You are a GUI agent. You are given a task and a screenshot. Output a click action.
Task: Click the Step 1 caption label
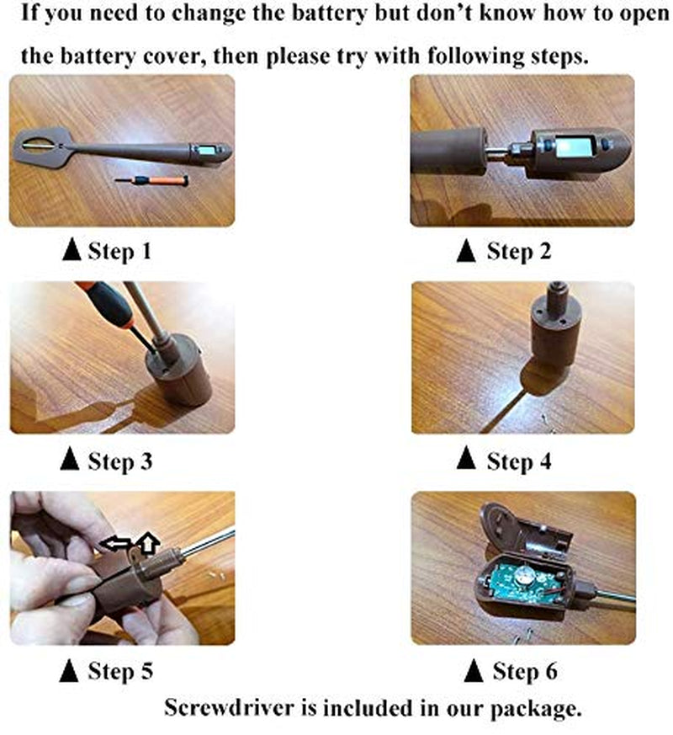120,251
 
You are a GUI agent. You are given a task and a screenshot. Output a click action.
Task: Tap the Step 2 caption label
519,251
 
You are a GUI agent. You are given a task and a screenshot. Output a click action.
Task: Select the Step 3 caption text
120,461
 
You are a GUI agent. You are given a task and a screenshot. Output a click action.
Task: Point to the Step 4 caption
519,461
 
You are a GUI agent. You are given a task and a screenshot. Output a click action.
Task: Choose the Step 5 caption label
120,671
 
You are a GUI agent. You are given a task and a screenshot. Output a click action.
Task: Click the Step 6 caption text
525,671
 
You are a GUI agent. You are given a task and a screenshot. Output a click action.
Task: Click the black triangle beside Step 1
72,249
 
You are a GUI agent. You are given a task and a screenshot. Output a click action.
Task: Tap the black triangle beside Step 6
473,670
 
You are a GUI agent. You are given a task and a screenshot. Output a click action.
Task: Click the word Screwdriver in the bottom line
230,708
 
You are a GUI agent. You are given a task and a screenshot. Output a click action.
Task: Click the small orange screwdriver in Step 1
152,180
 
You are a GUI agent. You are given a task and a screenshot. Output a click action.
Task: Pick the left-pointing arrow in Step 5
116,544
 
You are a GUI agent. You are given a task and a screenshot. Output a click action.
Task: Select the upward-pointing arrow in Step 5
148,544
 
